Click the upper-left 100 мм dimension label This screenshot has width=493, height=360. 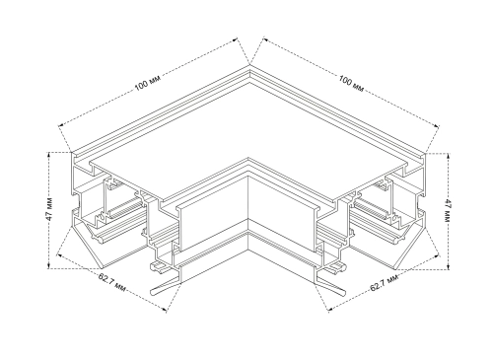[148, 83]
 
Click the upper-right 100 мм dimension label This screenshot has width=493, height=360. [351, 84]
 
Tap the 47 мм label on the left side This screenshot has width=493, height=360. [49, 209]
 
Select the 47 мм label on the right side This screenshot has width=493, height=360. [447, 210]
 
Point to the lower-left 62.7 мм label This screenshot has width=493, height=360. [112, 282]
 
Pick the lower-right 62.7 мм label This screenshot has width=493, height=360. [384, 283]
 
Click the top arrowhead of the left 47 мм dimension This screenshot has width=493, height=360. [49, 155]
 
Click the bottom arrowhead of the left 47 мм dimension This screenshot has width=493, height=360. [49, 265]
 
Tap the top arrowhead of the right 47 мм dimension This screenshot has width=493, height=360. [448, 156]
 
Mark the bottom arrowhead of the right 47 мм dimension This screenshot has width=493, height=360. [448, 266]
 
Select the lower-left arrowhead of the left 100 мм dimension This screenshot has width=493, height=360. [61, 124]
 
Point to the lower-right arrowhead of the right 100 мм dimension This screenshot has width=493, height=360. [436, 125]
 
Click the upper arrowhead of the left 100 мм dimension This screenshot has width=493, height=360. [235, 39]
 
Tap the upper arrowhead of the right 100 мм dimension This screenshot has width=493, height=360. [265, 39]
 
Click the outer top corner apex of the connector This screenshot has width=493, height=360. [249, 65]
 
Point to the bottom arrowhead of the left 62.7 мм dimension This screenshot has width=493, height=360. [165, 309]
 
